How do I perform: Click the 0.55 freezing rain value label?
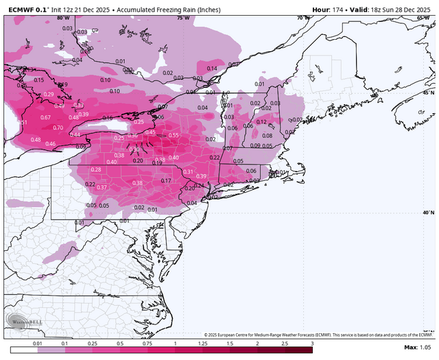tap(174, 136)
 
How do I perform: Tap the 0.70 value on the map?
tap(58, 128)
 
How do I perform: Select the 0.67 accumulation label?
tap(45, 118)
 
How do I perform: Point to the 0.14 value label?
tap(212, 69)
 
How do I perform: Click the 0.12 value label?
tap(261, 122)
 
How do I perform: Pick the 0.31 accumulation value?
tap(188, 171)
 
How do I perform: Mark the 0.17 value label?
tap(166, 180)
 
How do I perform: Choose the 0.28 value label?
tap(96, 170)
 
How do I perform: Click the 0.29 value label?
tap(49, 95)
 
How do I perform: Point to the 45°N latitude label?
tap(428, 93)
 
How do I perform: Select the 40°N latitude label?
tap(428, 213)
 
